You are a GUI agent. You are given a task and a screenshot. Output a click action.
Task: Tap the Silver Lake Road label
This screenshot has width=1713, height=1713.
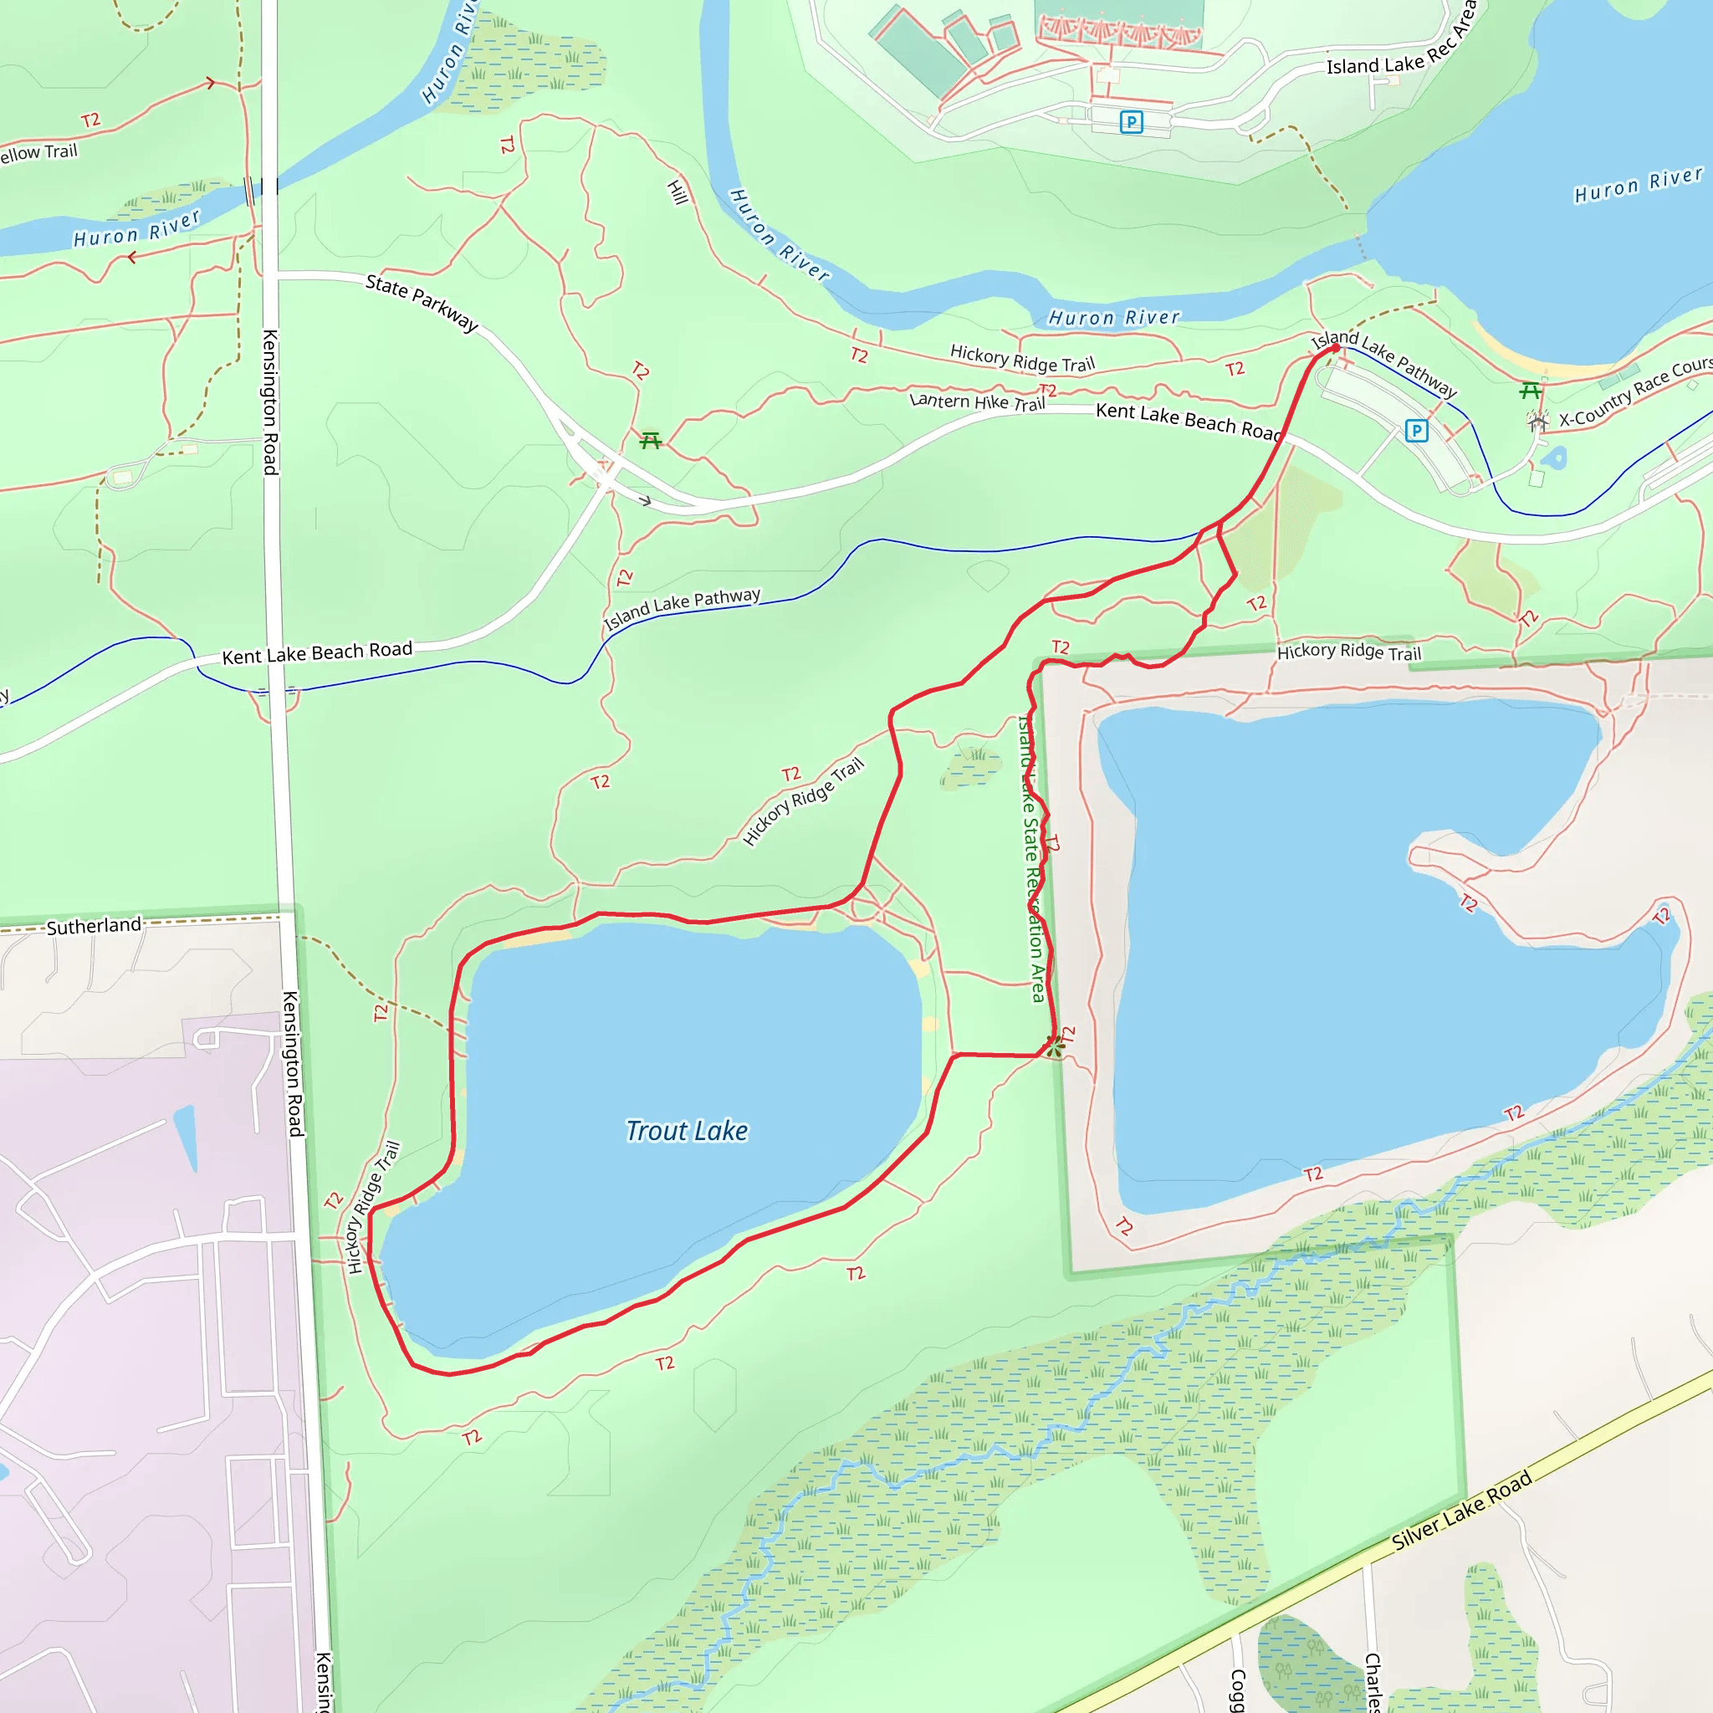1460,1509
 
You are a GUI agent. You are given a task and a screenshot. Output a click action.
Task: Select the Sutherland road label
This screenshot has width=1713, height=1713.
93,926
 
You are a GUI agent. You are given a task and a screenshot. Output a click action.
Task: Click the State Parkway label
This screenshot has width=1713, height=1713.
422,302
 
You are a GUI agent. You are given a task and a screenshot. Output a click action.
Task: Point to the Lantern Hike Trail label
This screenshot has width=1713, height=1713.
977,401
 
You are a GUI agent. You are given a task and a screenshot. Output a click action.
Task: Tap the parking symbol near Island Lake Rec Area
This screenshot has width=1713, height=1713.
1131,121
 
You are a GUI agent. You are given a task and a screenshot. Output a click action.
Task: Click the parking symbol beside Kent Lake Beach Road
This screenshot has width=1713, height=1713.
1416,431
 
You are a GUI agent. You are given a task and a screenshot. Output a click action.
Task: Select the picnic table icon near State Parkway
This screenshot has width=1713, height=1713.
651,440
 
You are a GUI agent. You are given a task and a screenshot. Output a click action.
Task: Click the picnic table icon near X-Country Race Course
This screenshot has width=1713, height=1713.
1530,390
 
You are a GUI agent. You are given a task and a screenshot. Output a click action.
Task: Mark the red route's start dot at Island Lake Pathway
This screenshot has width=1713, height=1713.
1335,349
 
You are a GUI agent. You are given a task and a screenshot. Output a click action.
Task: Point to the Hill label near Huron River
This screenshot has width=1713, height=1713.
678,192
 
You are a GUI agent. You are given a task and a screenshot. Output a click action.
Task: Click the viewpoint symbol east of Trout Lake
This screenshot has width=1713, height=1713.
1054,1046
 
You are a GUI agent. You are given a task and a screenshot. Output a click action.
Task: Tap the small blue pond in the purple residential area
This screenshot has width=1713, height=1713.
186,1136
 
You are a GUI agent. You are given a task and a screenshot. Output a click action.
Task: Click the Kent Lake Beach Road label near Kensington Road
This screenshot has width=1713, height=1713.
316,652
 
